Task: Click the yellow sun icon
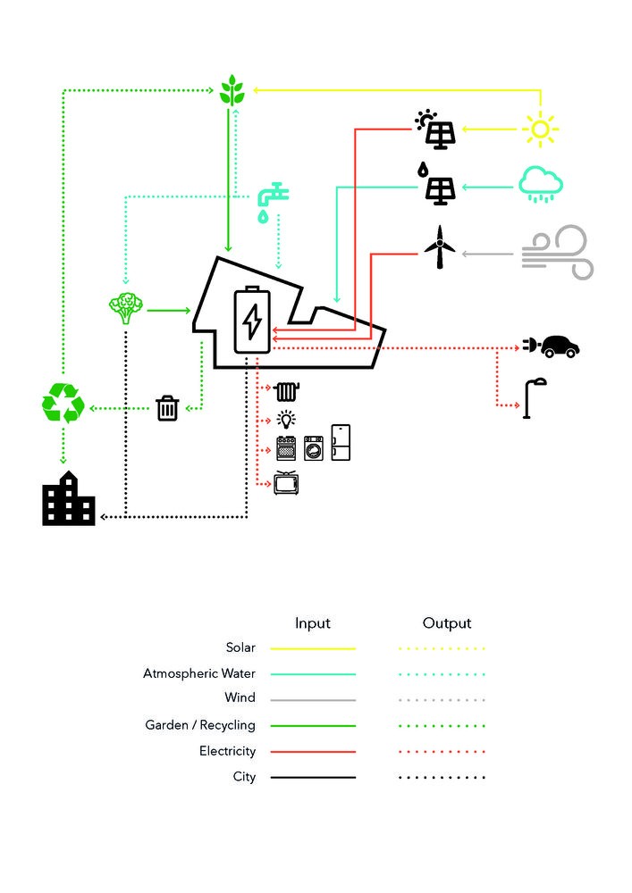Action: (540, 129)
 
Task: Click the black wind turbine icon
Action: (439, 247)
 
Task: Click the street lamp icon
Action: (534, 397)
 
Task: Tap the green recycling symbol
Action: (63, 403)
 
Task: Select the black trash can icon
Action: (167, 408)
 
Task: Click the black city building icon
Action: (69, 499)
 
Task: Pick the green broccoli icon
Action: (125, 308)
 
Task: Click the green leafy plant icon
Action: (232, 91)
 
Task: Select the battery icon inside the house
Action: (252, 321)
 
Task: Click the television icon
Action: (286, 483)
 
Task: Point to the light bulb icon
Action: (286, 420)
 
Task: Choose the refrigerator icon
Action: (341, 442)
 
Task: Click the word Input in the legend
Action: (313, 623)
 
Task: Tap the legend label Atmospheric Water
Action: (199, 673)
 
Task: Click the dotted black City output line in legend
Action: (442, 778)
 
